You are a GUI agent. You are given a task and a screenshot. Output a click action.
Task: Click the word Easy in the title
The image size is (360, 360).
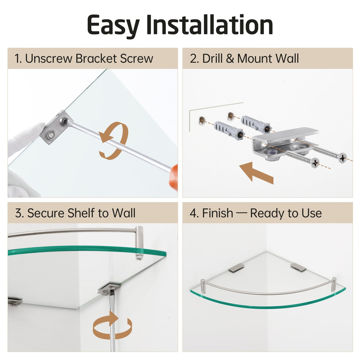click(x=113, y=26)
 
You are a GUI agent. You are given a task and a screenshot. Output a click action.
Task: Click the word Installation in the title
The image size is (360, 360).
click(x=209, y=25)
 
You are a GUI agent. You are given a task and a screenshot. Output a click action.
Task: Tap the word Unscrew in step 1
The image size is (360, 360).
click(x=49, y=58)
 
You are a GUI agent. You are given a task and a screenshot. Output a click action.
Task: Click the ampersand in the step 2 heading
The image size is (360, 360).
click(x=230, y=59)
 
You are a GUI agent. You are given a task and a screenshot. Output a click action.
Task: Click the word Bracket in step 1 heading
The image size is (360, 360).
click(x=96, y=58)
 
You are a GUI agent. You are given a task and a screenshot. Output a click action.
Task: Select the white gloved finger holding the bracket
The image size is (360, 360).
click(x=26, y=138)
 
